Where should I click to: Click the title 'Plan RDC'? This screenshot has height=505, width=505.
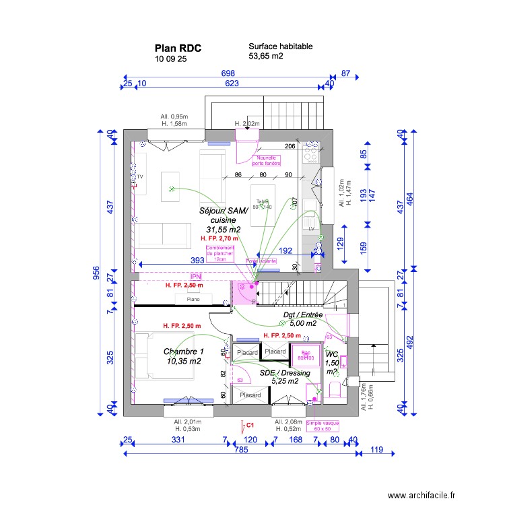(178, 48)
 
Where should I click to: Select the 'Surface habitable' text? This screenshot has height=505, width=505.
(280, 46)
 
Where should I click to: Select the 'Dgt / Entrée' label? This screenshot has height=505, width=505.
(303, 314)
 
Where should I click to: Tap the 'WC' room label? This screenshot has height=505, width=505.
(332, 355)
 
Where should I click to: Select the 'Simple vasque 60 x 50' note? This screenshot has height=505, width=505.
(323, 426)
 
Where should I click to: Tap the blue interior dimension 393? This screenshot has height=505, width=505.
(197, 260)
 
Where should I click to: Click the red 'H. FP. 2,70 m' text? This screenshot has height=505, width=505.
(220, 238)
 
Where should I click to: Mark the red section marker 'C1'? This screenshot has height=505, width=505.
(250, 425)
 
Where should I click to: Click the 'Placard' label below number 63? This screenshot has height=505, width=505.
(250, 395)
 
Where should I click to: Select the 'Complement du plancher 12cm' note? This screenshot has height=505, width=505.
(220, 253)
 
